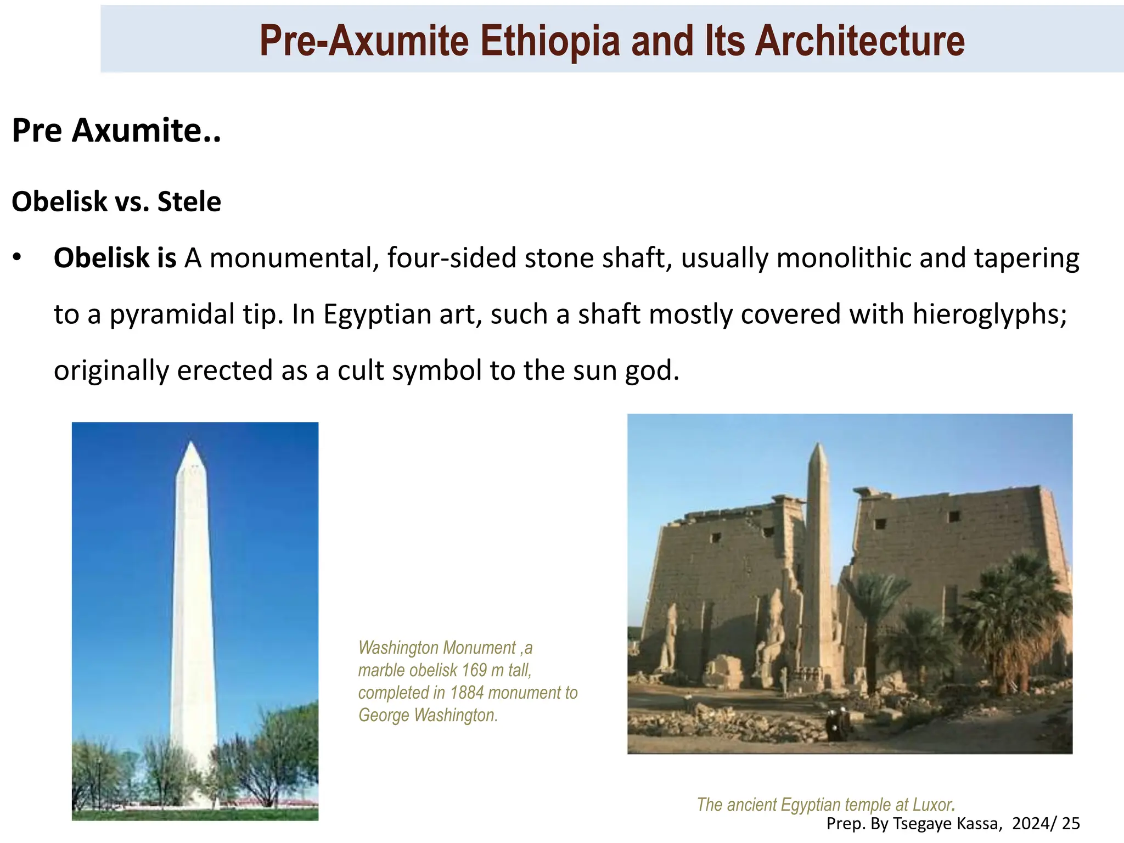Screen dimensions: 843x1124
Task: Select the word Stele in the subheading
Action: [189, 202]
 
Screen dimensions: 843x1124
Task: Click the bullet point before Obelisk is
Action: [18, 257]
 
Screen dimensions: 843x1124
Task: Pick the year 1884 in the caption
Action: [467, 693]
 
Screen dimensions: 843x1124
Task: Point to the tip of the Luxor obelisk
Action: [818, 446]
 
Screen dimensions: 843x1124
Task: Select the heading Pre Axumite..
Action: [116, 131]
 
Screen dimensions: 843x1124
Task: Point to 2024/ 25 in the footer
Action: [1046, 824]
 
